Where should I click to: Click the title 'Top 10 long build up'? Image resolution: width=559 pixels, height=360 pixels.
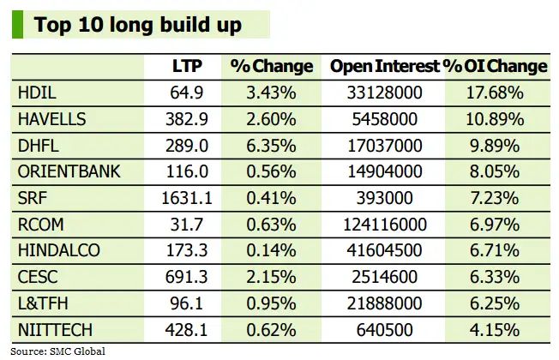tap(137, 24)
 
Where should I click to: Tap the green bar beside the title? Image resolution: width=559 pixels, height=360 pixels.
tap(17, 24)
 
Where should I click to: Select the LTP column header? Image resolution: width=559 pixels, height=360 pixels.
tap(188, 66)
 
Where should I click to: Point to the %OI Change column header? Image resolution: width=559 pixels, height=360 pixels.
tap(495, 66)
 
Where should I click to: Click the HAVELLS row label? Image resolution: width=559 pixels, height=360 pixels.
tap(51, 119)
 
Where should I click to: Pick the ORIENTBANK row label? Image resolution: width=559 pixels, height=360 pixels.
tap(69, 171)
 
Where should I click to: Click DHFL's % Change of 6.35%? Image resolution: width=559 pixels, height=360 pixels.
tap(270, 146)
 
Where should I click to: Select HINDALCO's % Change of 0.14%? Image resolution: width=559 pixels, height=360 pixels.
tap(270, 251)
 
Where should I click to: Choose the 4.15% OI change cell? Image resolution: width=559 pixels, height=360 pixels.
tap(495, 330)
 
